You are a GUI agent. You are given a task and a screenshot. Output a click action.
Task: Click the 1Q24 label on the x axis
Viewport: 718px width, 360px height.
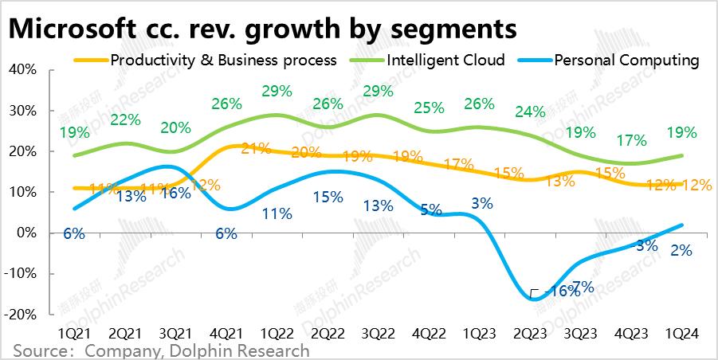[x=682, y=334]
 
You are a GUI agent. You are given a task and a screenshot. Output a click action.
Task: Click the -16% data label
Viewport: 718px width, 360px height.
[x=561, y=292]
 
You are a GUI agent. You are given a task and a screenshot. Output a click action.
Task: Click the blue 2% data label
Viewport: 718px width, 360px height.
[x=681, y=250]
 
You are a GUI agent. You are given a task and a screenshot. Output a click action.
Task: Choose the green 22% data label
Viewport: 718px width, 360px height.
[x=125, y=120]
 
